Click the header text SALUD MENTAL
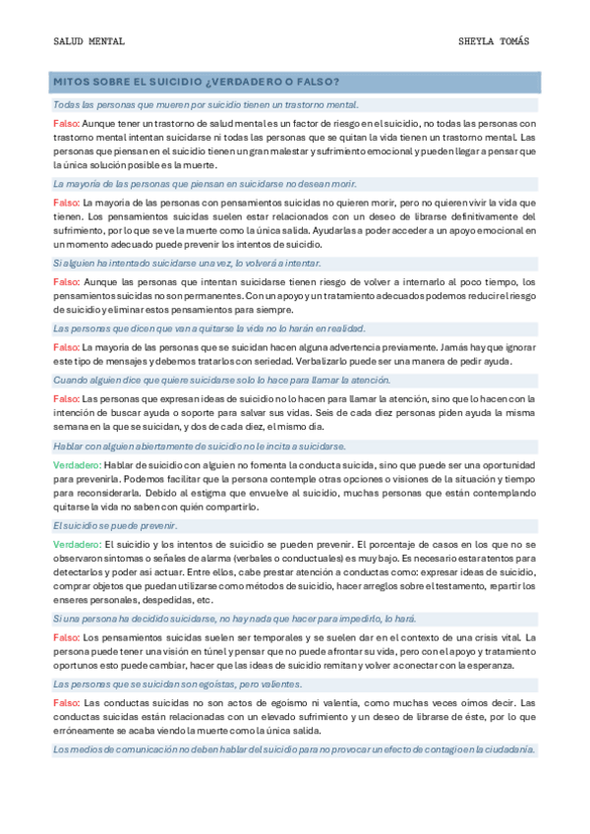click(x=88, y=41)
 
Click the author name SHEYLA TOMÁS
click(x=494, y=41)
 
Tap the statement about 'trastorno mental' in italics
click(x=206, y=104)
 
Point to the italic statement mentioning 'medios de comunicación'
click(x=294, y=749)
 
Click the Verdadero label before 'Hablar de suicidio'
click(x=77, y=464)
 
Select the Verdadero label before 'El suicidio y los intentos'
click(x=77, y=544)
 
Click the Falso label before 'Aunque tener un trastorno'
click(x=67, y=123)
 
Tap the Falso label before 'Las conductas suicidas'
click(x=67, y=703)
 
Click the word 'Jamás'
click(x=443, y=347)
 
